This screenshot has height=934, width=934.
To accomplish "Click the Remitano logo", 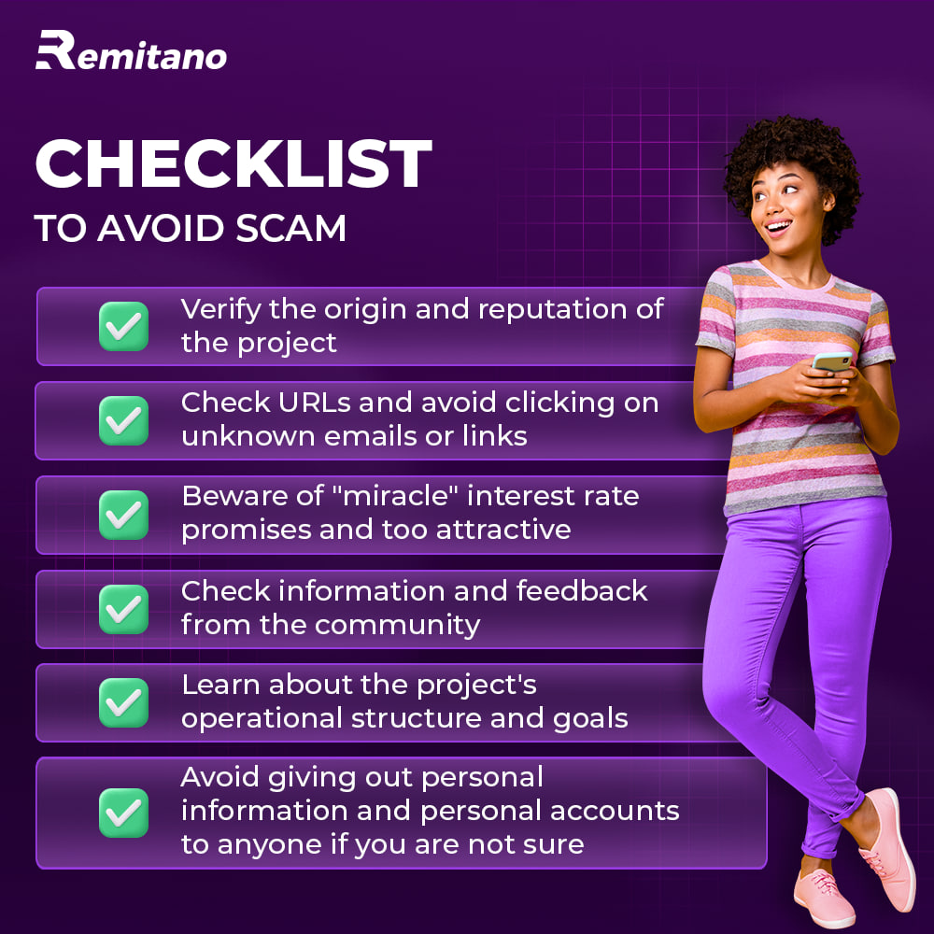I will pos(131,51).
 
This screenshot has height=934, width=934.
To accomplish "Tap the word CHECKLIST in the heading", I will pos(233,164).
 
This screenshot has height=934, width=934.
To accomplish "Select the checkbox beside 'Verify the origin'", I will pos(123,326).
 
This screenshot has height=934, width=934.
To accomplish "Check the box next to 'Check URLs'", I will pos(123,419).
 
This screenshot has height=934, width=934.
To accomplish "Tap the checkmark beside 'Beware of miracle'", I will pos(123,514).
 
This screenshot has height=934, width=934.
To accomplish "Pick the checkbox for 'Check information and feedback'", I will pos(123,608).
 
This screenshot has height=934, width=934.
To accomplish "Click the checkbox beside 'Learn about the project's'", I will pos(123,702).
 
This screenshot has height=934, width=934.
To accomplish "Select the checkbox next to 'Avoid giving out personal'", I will pos(123,813).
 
